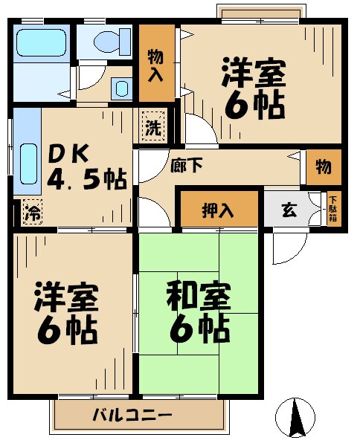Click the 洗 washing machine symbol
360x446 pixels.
point(152,126)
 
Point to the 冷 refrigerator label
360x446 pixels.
point(30,210)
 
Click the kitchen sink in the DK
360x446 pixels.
point(28,164)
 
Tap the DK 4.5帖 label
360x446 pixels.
point(86,167)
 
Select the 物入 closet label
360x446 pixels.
point(156,64)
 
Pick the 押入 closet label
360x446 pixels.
point(218,210)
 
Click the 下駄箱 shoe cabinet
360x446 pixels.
point(333,210)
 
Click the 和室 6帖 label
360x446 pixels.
point(199,311)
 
